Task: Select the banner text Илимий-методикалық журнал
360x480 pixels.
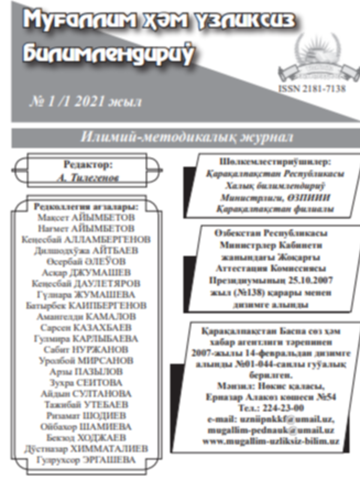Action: point(187,137)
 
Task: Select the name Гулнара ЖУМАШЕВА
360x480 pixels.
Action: point(86,294)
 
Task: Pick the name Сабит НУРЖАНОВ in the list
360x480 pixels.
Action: point(86,350)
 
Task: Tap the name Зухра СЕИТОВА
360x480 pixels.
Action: point(86,383)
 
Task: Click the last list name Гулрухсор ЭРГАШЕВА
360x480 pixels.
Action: point(86,460)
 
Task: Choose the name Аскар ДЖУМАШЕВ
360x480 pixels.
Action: point(86,272)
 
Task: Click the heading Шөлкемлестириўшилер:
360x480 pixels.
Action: point(267,162)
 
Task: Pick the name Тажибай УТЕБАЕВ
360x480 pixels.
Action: point(86,404)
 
